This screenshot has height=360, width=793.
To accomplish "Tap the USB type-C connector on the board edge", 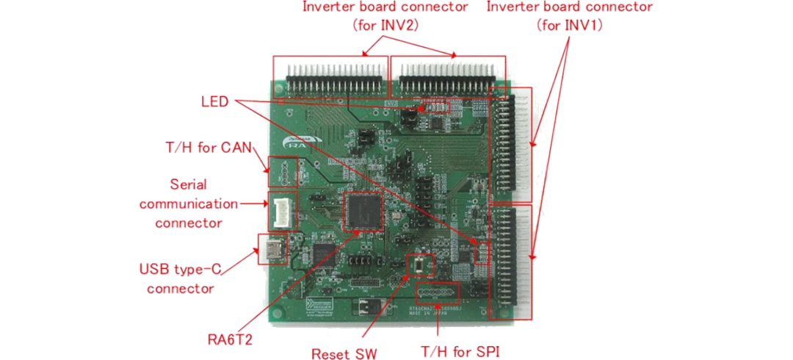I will pyautogui.click(x=272, y=250).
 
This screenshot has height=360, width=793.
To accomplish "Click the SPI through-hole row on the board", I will pyautogui.click(x=438, y=294).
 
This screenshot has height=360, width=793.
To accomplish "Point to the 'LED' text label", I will pyautogui.click(x=214, y=100).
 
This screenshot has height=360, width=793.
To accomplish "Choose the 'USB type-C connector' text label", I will pyautogui.click(x=181, y=278).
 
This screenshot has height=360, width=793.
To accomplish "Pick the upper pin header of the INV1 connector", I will pyautogui.click(x=513, y=145).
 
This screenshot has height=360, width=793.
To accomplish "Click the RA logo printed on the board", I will pyautogui.click(x=300, y=145).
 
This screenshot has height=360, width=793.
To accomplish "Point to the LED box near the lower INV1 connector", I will pyautogui.click(x=482, y=252).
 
